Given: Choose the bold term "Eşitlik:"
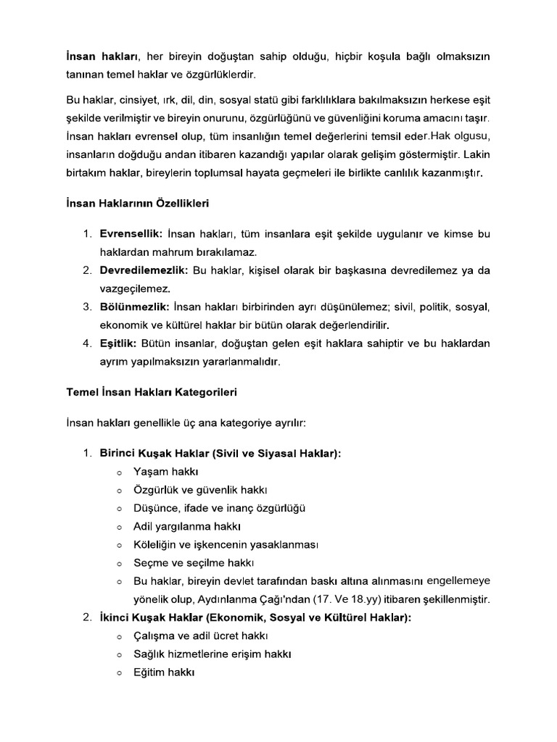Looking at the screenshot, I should pyautogui.click(x=118, y=343).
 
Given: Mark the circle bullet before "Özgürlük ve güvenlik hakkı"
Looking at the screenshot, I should pyautogui.click(x=118, y=491).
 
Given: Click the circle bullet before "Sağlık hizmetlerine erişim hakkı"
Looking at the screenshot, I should pyautogui.click(x=118, y=654).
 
